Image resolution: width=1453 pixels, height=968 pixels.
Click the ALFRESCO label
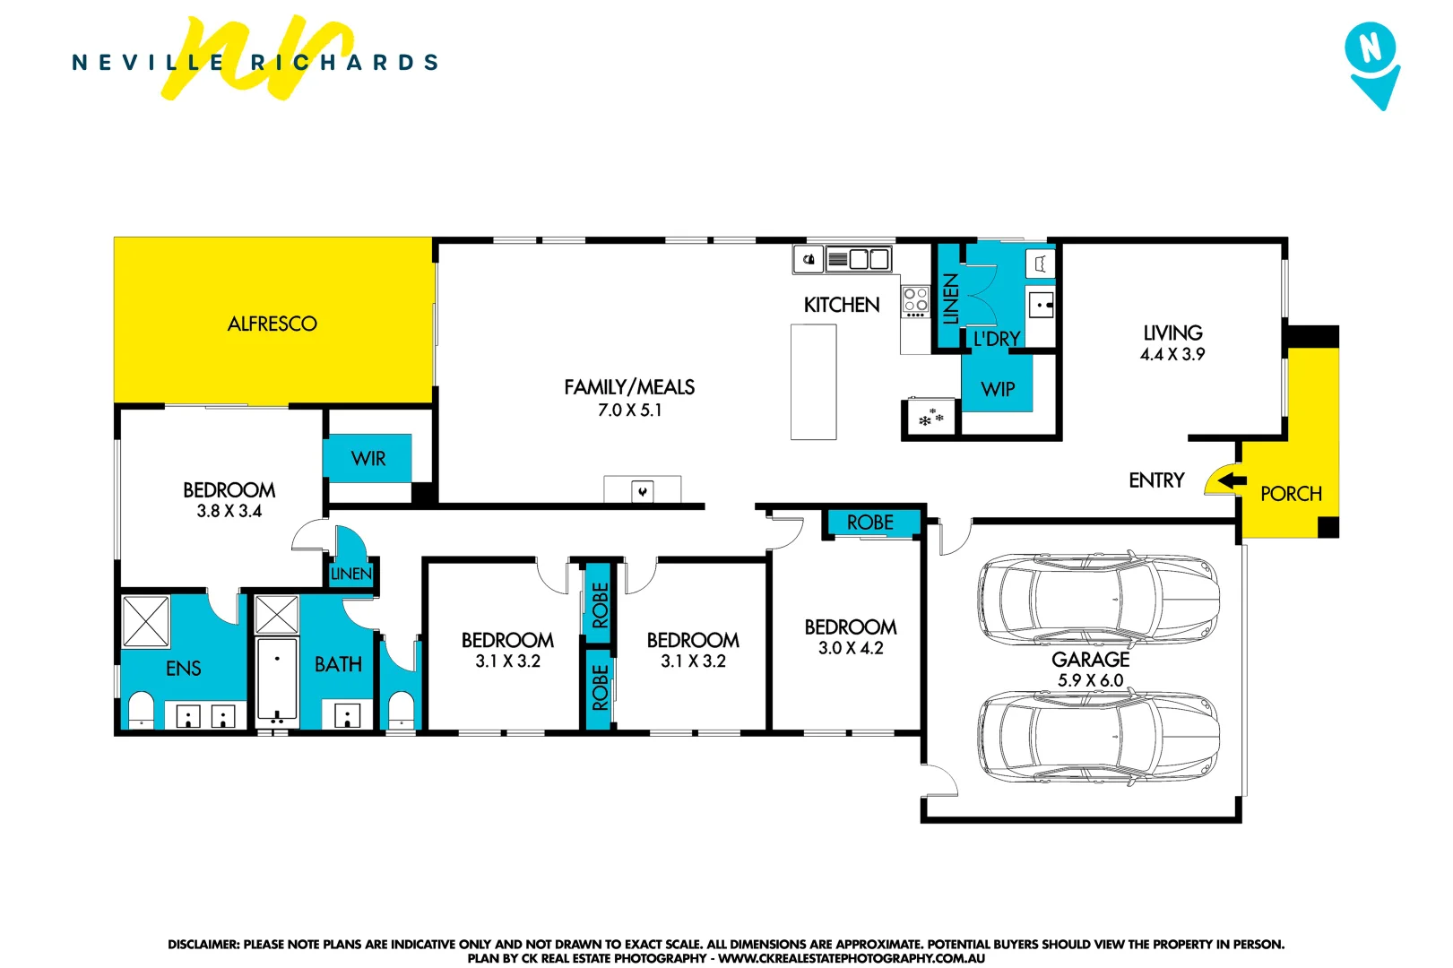click(272, 324)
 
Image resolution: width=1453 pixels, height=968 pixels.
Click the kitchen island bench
click(813, 382)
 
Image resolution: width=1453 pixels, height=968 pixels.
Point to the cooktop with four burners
click(915, 302)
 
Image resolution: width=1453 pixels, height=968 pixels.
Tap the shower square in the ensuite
click(145, 621)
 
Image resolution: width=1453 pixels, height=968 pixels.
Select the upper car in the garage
click(1098, 599)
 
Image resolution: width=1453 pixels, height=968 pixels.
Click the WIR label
click(368, 459)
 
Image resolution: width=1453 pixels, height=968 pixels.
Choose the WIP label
click(998, 389)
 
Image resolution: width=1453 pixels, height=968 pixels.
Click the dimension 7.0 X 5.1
click(629, 411)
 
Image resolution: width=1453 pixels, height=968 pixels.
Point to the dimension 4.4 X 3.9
click(1172, 354)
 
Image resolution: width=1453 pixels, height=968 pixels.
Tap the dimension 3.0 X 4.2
click(850, 648)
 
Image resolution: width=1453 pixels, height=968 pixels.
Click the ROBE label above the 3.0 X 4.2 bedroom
click(869, 522)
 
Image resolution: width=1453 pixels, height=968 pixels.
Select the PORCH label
click(1291, 494)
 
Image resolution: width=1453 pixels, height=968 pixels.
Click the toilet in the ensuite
click(142, 711)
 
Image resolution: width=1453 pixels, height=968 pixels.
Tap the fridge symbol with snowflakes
click(930, 418)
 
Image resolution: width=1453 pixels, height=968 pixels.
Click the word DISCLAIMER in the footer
click(203, 944)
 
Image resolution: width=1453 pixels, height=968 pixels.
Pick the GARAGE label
click(1090, 659)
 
